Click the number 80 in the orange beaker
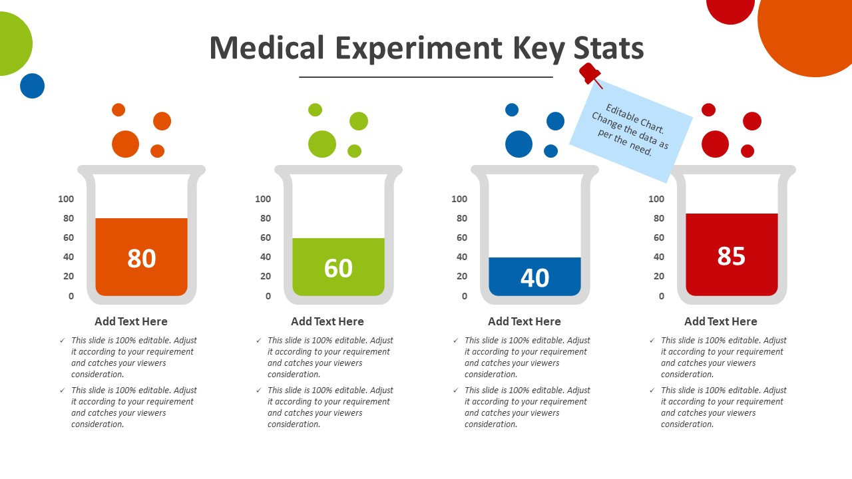[141, 259]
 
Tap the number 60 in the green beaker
[338, 268]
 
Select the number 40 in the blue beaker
[534, 277]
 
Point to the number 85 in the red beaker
[731, 256]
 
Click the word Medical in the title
[267, 48]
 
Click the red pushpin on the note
[590, 74]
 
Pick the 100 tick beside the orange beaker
[66, 199]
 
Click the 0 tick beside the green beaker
[268, 296]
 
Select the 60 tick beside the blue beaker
[459, 238]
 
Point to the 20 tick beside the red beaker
[658, 276]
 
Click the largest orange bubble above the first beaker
[125, 144]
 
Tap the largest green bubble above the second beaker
[322, 144]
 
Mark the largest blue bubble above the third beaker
[519, 144]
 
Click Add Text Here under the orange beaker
[131, 321]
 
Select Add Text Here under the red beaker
[720, 321]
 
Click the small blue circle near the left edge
[32, 86]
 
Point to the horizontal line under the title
[426, 77]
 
